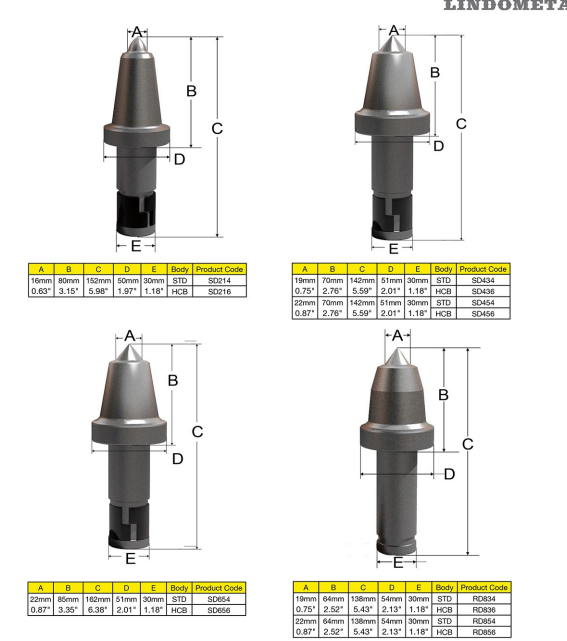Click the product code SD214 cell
pyautogui.click(x=220, y=280)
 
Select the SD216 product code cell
pyautogui.click(x=220, y=291)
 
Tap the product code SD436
pyautogui.click(x=483, y=291)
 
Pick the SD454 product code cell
pyautogui.click(x=483, y=303)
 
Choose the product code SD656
pyautogui.click(x=219, y=610)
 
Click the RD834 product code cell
pyautogui.click(x=484, y=598)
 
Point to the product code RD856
pyautogui.click(x=484, y=632)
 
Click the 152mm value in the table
pyautogui.click(x=99, y=280)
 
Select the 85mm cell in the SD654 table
pyautogui.click(x=68, y=599)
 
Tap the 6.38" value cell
pyautogui.click(x=98, y=610)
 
